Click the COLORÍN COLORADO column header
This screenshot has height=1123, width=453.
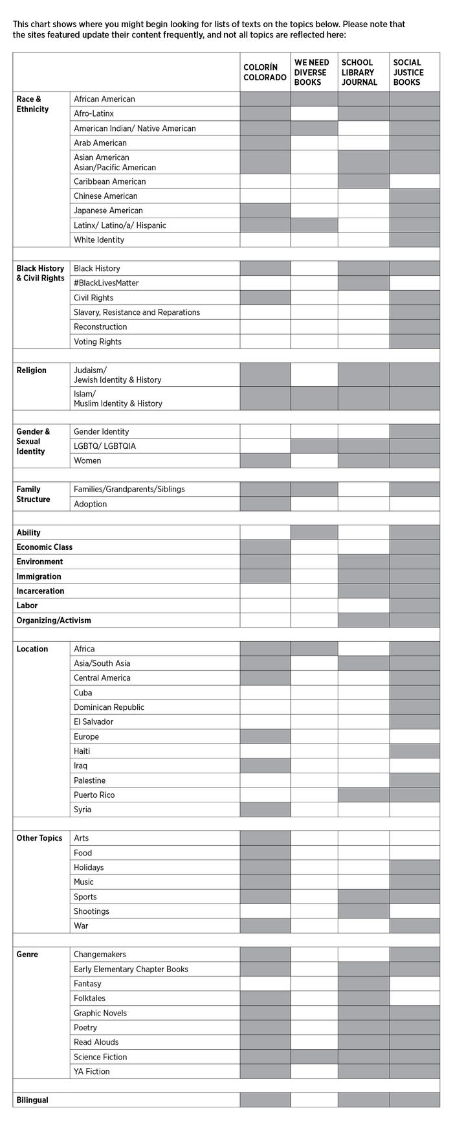[265, 73]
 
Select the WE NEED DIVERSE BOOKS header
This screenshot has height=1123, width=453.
[312, 73]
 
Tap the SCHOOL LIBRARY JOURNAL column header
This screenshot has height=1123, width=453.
[359, 73]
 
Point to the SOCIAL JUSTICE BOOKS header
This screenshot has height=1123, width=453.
[408, 73]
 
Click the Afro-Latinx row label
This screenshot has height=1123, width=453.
[94, 113]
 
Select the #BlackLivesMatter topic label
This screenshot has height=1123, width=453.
[106, 283]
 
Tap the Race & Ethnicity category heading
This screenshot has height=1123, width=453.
[33, 104]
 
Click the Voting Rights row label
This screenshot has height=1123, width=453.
[98, 341]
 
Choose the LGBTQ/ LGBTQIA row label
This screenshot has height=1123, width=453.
[105, 446]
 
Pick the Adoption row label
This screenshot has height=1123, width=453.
[91, 504]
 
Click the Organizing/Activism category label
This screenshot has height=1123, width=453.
[54, 620]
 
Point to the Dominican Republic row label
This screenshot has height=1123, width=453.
[109, 707]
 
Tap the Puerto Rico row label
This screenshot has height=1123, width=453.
[94, 795]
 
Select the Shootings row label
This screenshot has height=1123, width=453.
[92, 911]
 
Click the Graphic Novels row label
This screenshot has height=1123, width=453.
[100, 1013]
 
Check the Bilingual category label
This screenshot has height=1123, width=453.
[32, 1100]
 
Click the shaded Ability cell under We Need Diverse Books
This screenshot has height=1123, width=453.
[314, 532]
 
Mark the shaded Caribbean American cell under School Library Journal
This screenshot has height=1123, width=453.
[364, 181]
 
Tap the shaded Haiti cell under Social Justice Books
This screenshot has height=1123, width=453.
[414, 751]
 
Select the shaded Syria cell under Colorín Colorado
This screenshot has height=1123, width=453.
[265, 810]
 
